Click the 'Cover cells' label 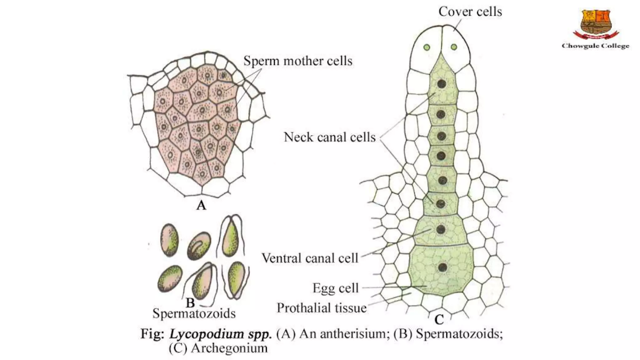[x=470, y=12]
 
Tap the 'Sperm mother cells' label [x=298, y=61]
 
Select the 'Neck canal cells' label [x=330, y=137]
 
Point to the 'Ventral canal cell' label [x=310, y=258]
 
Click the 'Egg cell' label [x=336, y=288]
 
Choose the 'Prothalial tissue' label [x=322, y=308]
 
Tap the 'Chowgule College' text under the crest [x=595, y=46]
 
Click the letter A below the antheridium [x=201, y=205]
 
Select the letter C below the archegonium [x=439, y=320]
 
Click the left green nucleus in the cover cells [x=427, y=47]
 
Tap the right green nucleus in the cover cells [x=454, y=47]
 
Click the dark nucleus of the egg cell [x=442, y=267]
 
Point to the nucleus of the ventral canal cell [x=441, y=230]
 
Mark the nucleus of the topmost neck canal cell [x=442, y=84]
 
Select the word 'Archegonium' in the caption [x=229, y=348]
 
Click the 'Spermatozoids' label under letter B [x=194, y=313]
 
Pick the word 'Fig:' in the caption [x=152, y=334]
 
